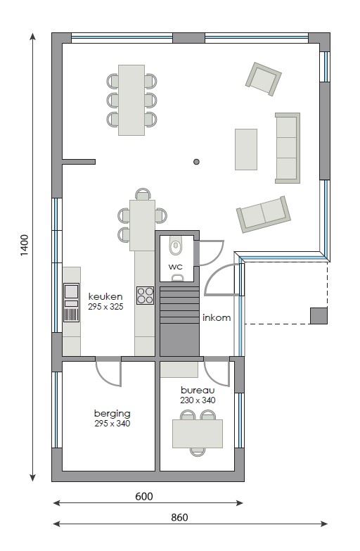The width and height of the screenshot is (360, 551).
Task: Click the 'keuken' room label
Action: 105,296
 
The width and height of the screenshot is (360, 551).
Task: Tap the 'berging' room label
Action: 112,414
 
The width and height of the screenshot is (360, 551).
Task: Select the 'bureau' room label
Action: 198,390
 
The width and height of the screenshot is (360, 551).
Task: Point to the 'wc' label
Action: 175,267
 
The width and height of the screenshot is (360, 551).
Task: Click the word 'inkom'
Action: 217,317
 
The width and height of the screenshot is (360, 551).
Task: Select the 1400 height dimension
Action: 24,245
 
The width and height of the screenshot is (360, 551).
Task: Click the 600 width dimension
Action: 144,496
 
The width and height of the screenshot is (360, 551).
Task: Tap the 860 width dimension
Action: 179,517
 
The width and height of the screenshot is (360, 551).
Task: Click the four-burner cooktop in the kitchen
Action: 145,296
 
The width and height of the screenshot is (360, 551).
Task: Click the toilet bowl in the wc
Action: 176,246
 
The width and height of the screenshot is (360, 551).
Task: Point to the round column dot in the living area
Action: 196,162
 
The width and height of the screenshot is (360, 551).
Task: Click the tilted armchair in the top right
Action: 264,79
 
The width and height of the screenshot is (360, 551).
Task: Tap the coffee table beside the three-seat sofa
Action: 246,149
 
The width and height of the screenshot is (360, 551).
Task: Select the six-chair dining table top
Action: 131,100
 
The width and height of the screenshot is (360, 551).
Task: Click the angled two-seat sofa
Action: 264,214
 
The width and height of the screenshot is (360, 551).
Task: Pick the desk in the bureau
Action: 198,433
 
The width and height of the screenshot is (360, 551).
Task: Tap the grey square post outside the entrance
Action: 319,315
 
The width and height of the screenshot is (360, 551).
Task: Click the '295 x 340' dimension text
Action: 112,424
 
